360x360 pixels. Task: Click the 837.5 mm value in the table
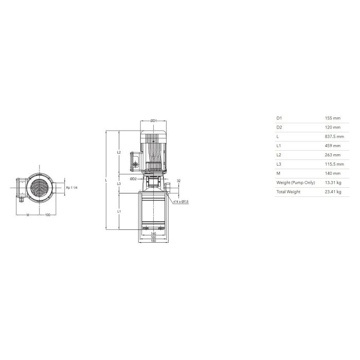pos(334,137)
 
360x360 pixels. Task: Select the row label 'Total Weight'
pos(288,192)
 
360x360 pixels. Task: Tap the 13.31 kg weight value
pos(333,183)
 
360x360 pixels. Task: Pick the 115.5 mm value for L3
pos(334,164)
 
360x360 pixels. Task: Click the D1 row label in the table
pos(279,118)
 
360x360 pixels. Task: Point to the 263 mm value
pos(332,155)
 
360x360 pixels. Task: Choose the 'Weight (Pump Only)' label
pos(296,183)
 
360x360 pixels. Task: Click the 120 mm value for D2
pos(332,128)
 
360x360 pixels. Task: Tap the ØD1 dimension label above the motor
pos(154,121)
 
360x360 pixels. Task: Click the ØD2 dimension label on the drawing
pos(133,179)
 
